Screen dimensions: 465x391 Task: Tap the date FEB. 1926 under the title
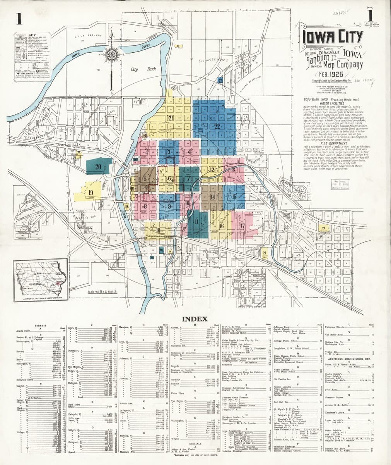(331, 74)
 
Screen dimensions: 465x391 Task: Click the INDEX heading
(195, 319)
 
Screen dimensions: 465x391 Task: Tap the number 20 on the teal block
(98, 167)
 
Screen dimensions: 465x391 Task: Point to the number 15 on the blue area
(234, 196)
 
